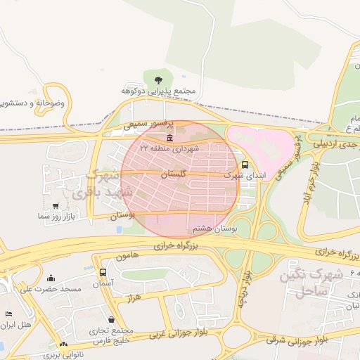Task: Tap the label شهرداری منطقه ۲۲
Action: [x=169, y=148]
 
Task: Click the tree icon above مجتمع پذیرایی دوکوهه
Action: [x=156, y=79]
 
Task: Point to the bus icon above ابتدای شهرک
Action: [x=245, y=165]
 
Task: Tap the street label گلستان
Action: [x=173, y=173]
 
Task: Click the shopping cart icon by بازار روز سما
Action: [x=55, y=205]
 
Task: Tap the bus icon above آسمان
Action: [x=103, y=272]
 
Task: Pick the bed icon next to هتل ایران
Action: [x=8, y=314]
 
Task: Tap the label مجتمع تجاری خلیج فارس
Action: [x=112, y=336]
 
